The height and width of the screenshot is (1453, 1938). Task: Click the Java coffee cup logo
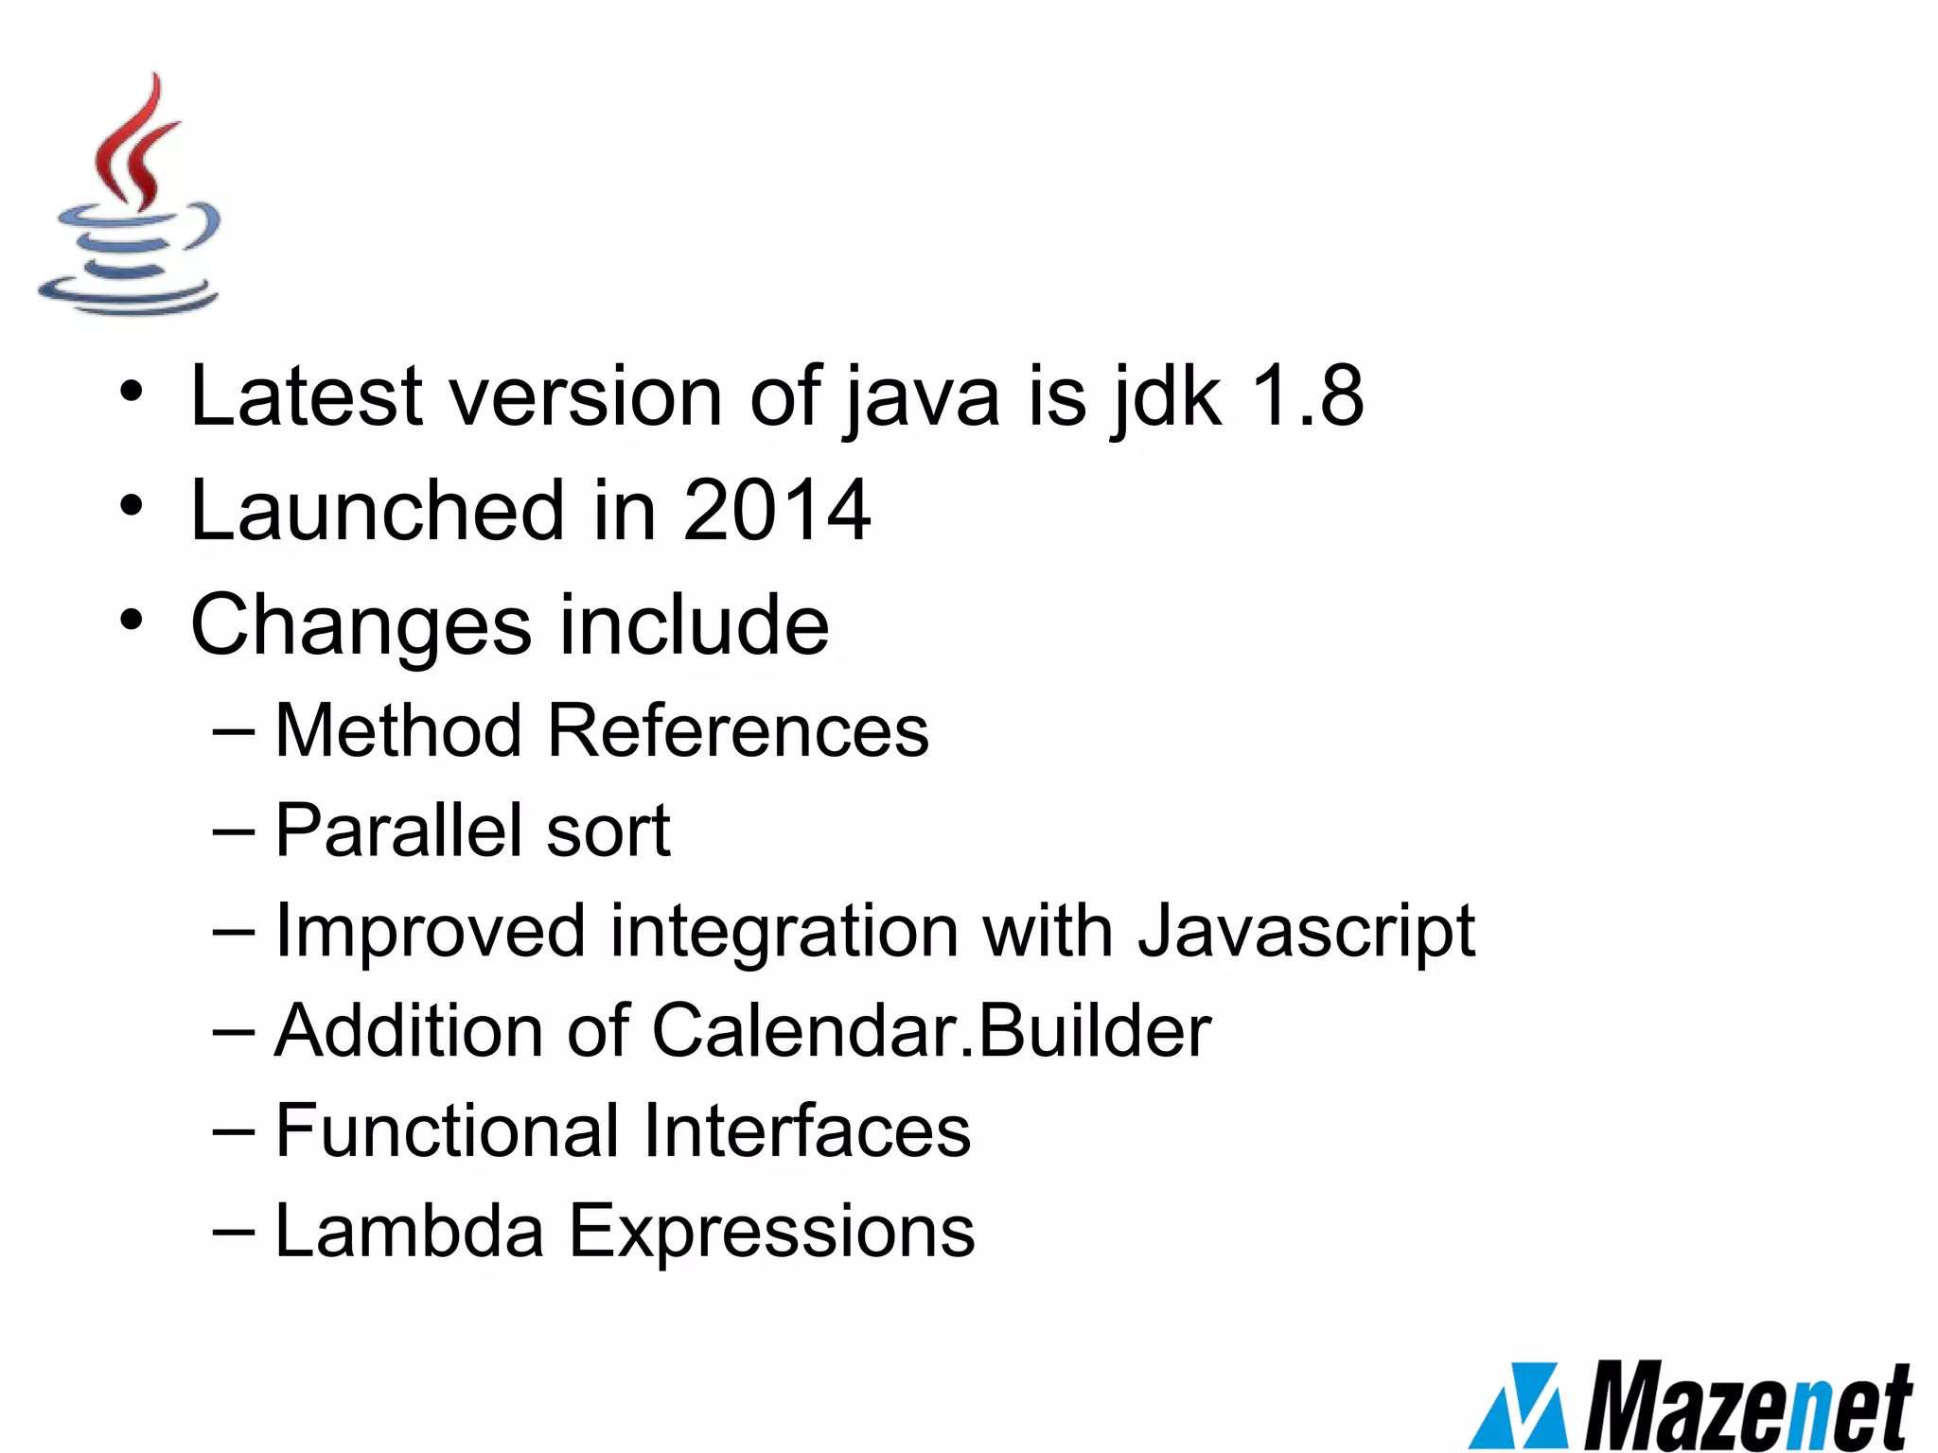pos(131,197)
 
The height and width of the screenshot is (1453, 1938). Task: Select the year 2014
pos(776,511)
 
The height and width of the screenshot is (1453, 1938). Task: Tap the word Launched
pos(379,511)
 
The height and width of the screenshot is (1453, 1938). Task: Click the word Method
pos(398,731)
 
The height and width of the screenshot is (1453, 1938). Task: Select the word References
pos(738,731)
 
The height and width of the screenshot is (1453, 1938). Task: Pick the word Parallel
pos(398,831)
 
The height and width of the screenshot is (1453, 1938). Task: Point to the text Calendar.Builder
pos(931,1030)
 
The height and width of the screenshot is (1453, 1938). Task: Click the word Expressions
pos(771,1233)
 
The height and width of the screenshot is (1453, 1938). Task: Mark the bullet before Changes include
pos(132,621)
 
